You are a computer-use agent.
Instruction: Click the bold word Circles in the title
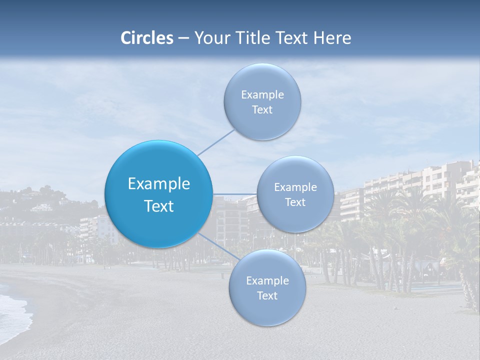tap(147, 38)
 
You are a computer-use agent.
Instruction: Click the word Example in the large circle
tap(159, 184)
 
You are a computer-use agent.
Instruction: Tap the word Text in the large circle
tap(159, 206)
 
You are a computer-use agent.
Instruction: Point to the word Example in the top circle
tap(262, 95)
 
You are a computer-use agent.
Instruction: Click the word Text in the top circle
tap(262, 110)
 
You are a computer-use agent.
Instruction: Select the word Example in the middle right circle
tap(295, 187)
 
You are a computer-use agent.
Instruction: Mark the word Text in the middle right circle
tap(295, 202)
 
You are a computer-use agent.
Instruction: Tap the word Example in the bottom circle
tap(267, 281)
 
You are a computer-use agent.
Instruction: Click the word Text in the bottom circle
tap(267, 296)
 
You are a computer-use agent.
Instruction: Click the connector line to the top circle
tap(215, 142)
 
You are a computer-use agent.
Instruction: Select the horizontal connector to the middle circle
tap(234, 194)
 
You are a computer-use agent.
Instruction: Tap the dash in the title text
tap(183, 38)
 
